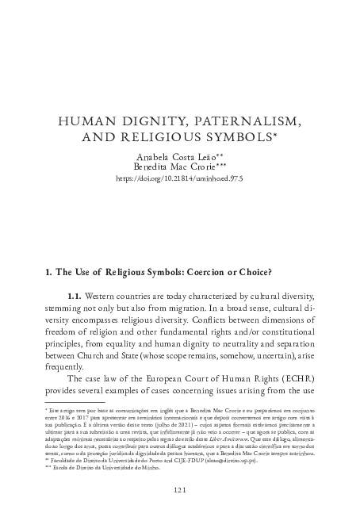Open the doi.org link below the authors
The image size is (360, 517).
(x=179, y=180)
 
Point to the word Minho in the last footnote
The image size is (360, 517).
(x=151, y=468)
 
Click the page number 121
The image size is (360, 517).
(x=180, y=490)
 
